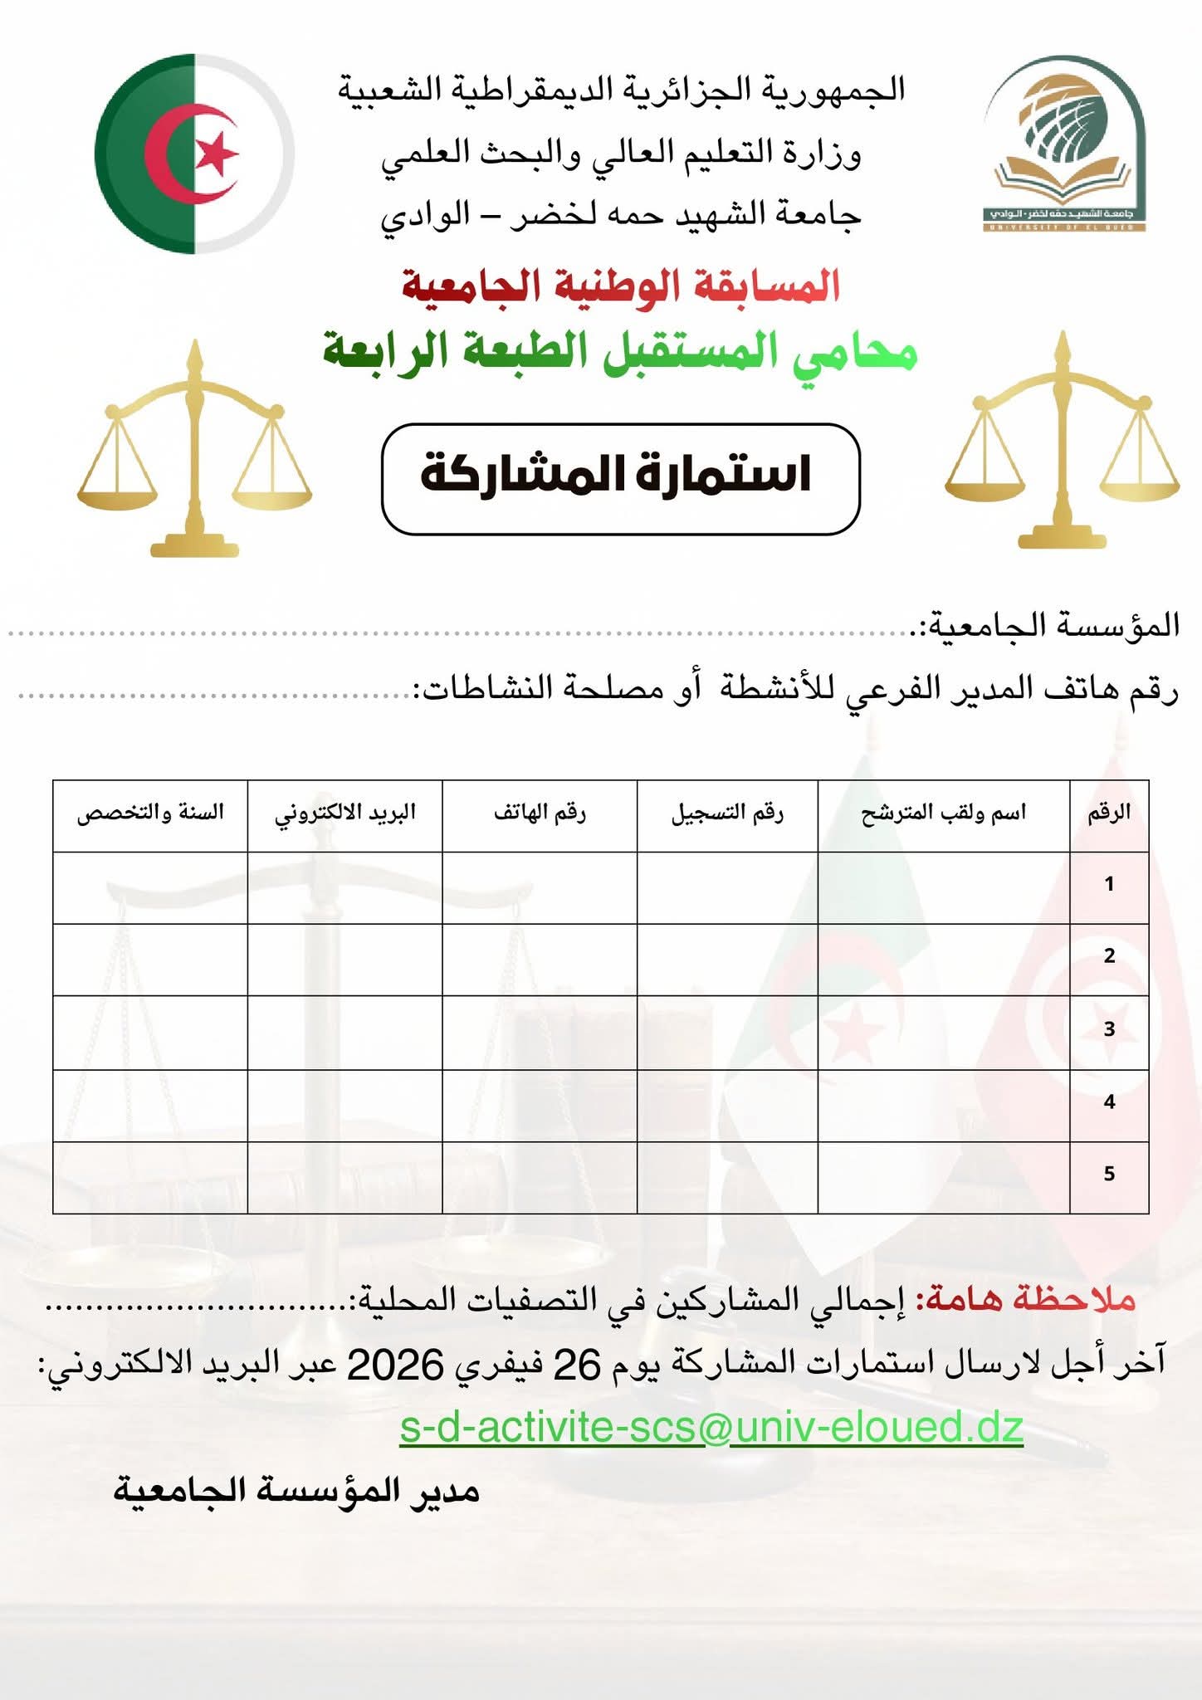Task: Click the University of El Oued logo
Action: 1064,144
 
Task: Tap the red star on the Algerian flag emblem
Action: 216,154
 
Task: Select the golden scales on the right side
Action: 1063,444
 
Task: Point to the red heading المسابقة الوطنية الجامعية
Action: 621,286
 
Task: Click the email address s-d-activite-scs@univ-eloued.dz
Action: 711,1428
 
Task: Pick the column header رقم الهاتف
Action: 540,813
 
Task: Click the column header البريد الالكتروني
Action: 344,813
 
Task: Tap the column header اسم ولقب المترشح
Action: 943,813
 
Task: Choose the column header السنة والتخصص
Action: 150,813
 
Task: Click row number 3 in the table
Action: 1109,1029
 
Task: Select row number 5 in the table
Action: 1109,1174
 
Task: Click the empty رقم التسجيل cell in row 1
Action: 727,887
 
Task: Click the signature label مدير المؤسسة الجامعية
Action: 296,1492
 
